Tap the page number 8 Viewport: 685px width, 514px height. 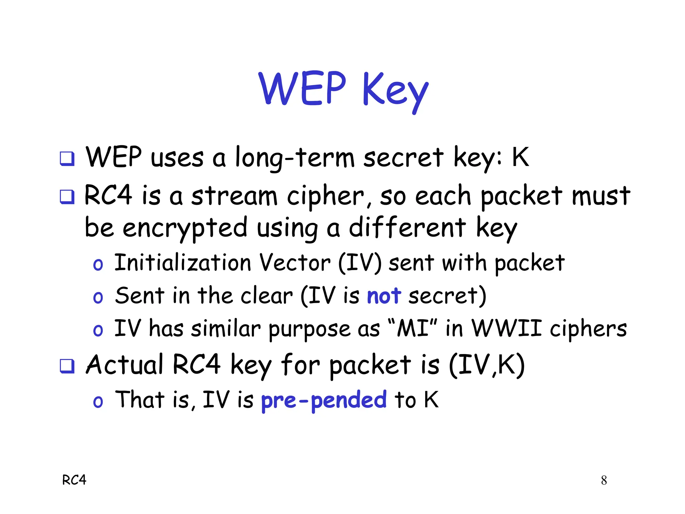pos(604,480)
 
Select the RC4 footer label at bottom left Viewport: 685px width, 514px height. pos(74,480)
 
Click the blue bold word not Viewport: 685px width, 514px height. pos(384,296)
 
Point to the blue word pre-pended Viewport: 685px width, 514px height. pos(323,400)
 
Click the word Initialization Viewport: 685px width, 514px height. pos(182,263)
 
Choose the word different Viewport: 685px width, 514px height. pos(407,228)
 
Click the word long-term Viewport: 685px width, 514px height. pos(295,158)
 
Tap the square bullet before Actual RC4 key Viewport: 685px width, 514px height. pos(67,366)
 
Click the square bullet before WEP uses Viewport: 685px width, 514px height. pos(67,158)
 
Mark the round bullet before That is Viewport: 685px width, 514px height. pos(98,402)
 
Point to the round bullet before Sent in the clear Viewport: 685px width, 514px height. pos(98,297)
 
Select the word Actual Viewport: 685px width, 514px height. pos(124,365)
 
